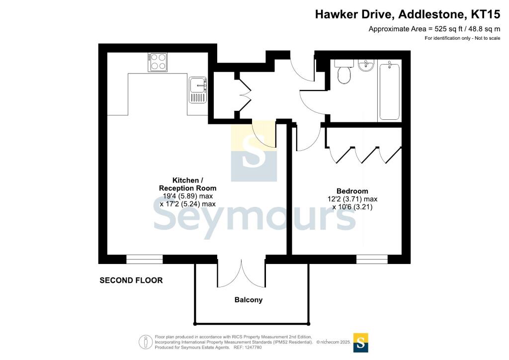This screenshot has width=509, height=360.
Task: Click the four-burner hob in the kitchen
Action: point(158,62)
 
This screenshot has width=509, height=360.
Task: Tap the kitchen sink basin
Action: point(198,86)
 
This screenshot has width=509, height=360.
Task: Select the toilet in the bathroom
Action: point(343,72)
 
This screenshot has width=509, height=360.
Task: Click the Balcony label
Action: point(249,300)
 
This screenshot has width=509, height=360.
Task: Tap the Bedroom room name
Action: point(352,191)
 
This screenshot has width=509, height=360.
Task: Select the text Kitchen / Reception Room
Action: point(187,184)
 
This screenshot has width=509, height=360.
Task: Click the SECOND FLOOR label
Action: point(131,280)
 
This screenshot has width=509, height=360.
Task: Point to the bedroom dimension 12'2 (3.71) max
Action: point(352,199)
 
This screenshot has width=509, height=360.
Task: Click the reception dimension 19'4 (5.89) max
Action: point(187,196)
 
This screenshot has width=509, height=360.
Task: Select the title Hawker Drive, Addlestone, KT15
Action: point(408,14)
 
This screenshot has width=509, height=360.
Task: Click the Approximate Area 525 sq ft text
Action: point(434,29)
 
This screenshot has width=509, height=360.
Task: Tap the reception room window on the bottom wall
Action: point(145,259)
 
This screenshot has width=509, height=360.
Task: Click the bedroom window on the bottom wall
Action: point(372,259)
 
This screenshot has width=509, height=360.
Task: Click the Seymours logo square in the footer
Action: point(361,343)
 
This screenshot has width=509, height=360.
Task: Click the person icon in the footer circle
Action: point(146,342)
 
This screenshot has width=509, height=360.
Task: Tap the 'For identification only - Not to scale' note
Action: point(462,38)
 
